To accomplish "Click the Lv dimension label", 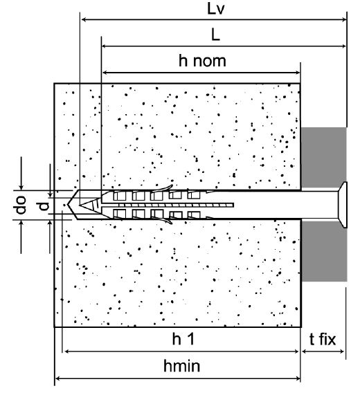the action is pos(215,9).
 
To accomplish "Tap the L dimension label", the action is pos(215,35).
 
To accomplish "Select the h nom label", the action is pos(202,61).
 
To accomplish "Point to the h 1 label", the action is pos(183,339).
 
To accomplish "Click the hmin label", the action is pos(182,366).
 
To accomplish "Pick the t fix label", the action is pos(323,340).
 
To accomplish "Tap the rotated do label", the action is pos(21,205).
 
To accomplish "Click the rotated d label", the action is pos(44,206).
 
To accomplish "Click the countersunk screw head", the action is pos(343,205).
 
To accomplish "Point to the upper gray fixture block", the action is pos(324,158).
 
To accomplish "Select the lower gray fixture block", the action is pos(324,251).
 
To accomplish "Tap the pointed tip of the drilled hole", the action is pos(68,205).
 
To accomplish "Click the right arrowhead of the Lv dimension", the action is pos(344,19).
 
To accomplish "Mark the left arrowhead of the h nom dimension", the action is pos(105,73).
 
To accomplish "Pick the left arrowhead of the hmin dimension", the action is pos(58,378).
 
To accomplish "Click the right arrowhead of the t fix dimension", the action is pos(341,351).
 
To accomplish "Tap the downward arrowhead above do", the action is pos(21,187).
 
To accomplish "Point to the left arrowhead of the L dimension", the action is pos(105,46).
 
